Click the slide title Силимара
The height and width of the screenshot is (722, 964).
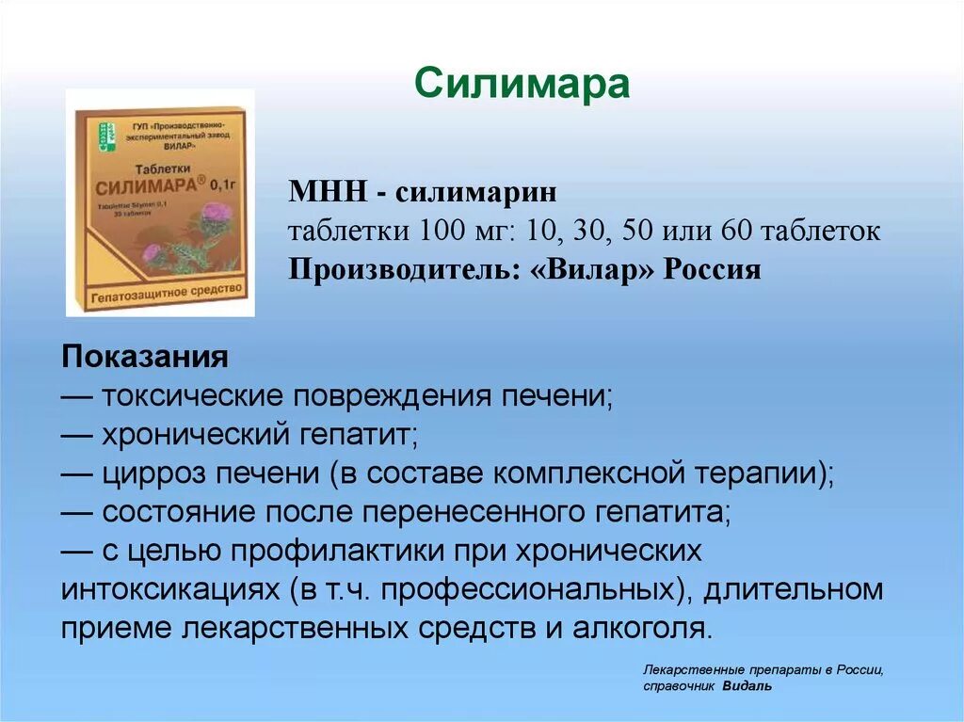pos(522,85)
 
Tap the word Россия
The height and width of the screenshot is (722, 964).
pos(714,270)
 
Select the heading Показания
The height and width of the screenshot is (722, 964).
pos(145,358)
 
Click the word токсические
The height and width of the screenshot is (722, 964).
pos(192,395)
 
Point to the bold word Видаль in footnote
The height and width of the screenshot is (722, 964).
pos(748,686)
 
